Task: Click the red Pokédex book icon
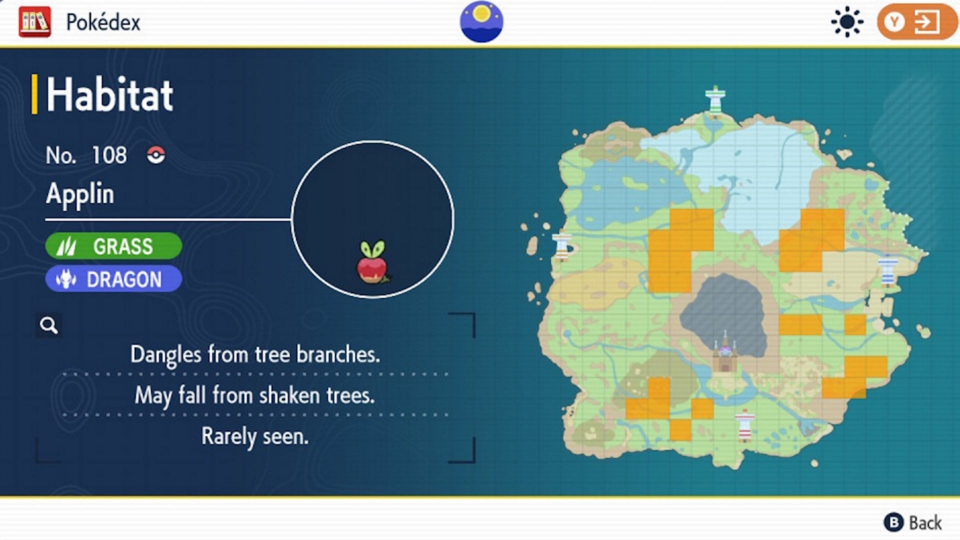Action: pos(34,22)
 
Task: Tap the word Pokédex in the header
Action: pos(103,22)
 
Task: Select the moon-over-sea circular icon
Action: pos(481,22)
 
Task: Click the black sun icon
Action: pos(847,22)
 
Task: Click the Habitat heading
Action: pos(109,94)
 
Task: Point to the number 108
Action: pos(109,155)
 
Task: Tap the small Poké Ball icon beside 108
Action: pos(156,155)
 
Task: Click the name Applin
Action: pos(80,194)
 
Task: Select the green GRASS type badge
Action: pos(113,246)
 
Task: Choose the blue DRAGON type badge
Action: pos(113,279)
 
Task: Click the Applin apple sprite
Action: pos(372,262)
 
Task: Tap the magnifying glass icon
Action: pos(49,325)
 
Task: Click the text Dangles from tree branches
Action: pos(255,354)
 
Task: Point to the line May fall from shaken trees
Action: pos(255,395)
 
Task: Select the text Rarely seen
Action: pos(255,436)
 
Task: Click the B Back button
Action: pos(913,523)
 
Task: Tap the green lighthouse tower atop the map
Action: pos(715,101)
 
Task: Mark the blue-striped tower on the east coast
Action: pos(888,270)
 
